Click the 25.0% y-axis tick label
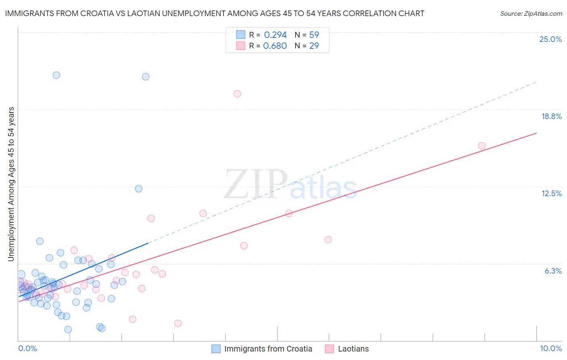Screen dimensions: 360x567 tap(550, 39)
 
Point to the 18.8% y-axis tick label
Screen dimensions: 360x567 tap(551, 116)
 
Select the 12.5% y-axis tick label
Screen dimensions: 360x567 tap(551, 193)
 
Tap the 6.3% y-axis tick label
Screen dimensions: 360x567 tap(553, 271)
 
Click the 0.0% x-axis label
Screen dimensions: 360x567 tap(27, 348)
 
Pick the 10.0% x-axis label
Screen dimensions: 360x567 tap(551, 348)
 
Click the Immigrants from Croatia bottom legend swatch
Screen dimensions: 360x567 tap(216, 349)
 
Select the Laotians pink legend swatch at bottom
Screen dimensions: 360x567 tap(329, 349)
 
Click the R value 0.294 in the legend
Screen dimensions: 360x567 tap(275, 35)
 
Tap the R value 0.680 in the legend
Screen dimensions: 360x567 tap(275, 46)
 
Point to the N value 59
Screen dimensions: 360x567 tap(314, 35)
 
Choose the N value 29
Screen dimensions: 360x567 tap(314, 46)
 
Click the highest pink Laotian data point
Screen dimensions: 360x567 tap(237, 94)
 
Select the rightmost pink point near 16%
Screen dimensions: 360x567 tap(482, 146)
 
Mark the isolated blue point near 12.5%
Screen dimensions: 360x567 tap(138, 188)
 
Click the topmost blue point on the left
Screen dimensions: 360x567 tap(56, 75)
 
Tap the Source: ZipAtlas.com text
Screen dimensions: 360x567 tap(531, 13)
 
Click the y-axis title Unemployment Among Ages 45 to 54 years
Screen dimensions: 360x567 tap(11, 184)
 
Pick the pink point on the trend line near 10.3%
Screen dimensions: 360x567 tap(289, 213)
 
